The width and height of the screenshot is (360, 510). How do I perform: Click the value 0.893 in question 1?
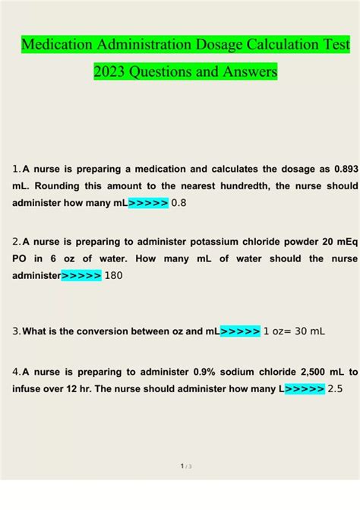[x=341, y=168]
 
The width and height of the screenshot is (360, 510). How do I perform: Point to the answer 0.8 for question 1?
[x=179, y=203]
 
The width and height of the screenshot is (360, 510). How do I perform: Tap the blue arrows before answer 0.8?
[x=149, y=203]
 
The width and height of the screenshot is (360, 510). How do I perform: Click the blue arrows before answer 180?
[x=81, y=276]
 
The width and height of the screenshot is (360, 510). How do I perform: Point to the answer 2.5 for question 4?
[x=335, y=389]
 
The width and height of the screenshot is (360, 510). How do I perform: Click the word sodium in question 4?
[x=221, y=372]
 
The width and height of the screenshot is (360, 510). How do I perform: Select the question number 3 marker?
[x=16, y=332]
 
